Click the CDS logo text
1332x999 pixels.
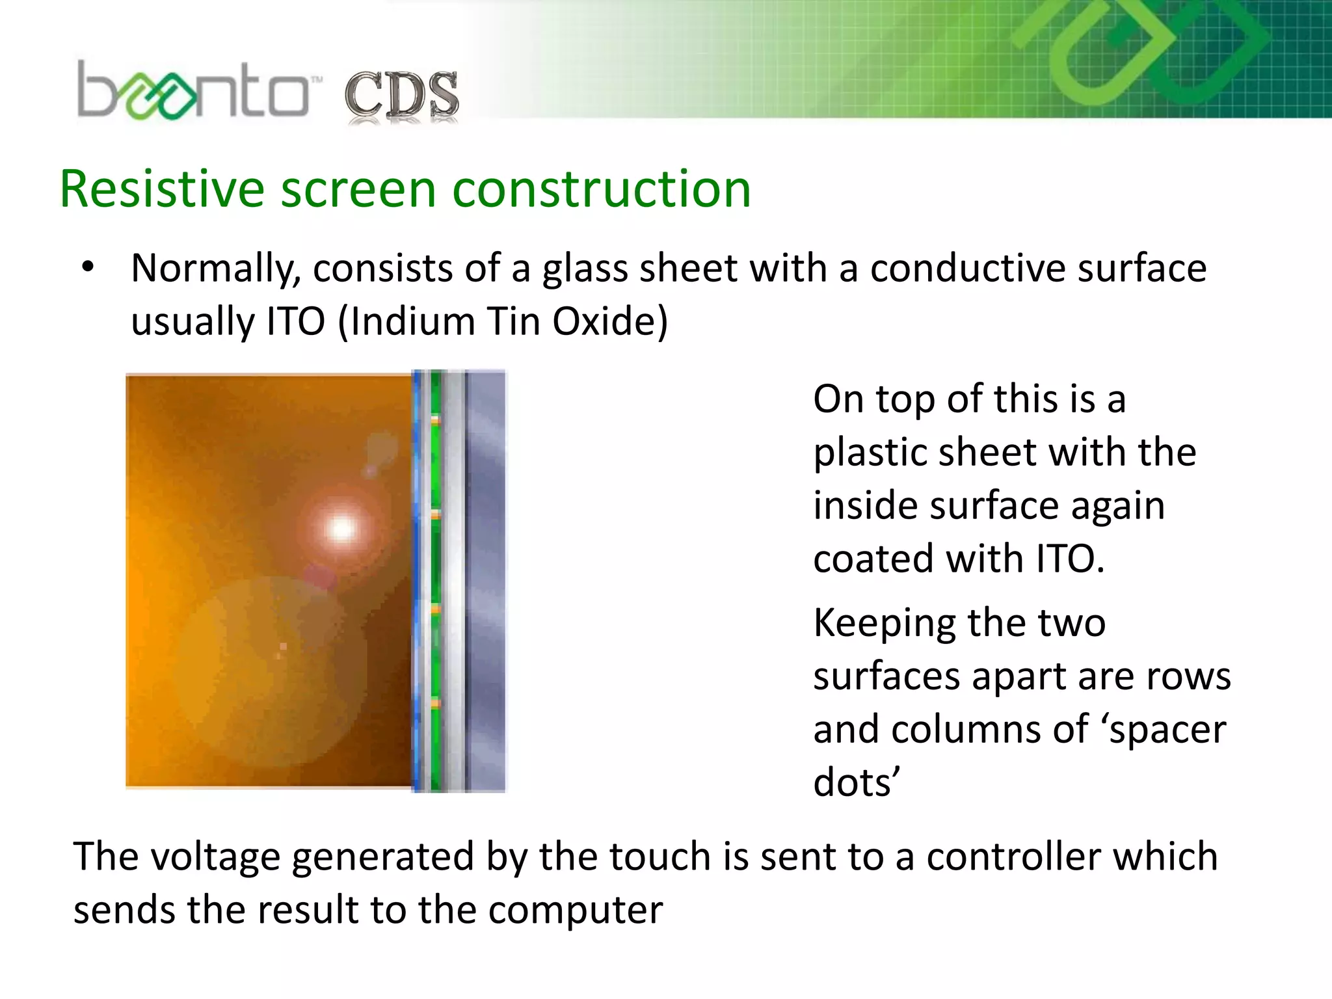point(401,96)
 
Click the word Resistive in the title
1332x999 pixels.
point(161,189)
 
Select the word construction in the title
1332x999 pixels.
point(601,189)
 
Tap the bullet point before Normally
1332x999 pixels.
point(88,267)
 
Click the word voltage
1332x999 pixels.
point(215,857)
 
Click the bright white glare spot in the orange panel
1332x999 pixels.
point(341,527)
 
